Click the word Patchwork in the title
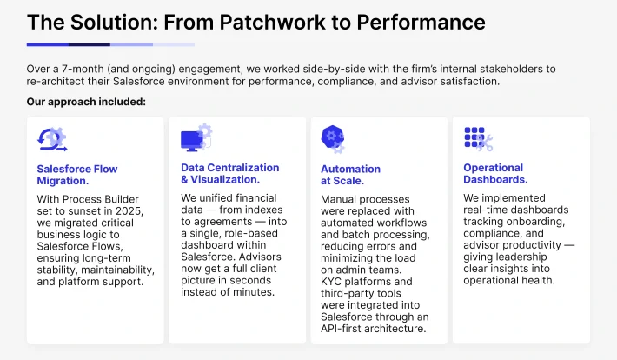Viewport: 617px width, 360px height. pyautogui.click(x=273, y=22)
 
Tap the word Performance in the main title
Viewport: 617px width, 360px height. pyautogui.click(x=421, y=22)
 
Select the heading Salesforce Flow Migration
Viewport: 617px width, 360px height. pyautogui.click(x=77, y=175)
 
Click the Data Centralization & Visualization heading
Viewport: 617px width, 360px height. pyautogui.click(x=229, y=174)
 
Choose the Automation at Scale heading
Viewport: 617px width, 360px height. pyautogui.click(x=350, y=175)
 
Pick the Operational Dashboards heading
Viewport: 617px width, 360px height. pyautogui.click(x=495, y=174)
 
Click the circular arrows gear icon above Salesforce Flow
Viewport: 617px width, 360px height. pyautogui.click(x=52, y=139)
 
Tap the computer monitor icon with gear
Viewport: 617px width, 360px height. pyautogui.click(x=196, y=138)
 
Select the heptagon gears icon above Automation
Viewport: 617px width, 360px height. pyautogui.click(x=333, y=139)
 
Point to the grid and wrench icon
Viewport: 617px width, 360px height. pyautogui.click(x=479, y=139)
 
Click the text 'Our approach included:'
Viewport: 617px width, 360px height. pyautogui.click(x=86, y=102)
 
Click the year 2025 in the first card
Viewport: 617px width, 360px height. pyautogui.click(x=129, y=211)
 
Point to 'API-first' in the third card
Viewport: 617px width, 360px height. pyautogui.click(x=341, y=329)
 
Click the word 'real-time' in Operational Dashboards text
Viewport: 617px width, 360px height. pyautogui.click(x=486, y=210)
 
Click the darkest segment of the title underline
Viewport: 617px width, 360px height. pyautogui.click(x=90, y=45)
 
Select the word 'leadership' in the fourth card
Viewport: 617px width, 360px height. pyautogui.click(x=521, y=257)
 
